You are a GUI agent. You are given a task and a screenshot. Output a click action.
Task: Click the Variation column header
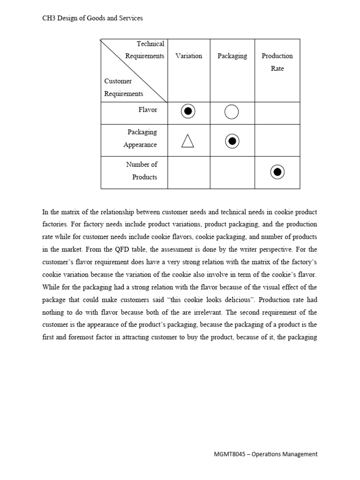(x=188, y=56)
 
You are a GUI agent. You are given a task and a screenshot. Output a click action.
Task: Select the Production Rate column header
(x=277, y=62)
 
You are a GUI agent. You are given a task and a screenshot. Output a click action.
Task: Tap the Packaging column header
(x=232, y=56)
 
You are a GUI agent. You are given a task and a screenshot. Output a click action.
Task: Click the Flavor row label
(x=147, y=110)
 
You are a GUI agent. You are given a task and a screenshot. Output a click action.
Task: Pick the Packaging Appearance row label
(x=140, y=138)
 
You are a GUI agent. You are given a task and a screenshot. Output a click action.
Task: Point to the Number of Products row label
(x=142, y=171)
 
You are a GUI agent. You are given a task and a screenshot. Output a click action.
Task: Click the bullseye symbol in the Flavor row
(x=188, y=112)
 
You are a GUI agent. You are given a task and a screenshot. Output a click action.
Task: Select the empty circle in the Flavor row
(x=232, y=112)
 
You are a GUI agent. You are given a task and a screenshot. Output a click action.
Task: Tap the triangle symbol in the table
(x=187, y=141)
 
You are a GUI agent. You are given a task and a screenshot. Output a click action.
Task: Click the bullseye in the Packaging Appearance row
(x=232, y=141)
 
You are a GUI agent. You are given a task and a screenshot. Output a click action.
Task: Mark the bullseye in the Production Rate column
(x=277, y=172)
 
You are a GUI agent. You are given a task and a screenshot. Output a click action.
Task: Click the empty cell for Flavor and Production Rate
(x=277, y=112)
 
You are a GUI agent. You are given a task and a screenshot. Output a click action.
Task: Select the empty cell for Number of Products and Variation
(x=188, y=172)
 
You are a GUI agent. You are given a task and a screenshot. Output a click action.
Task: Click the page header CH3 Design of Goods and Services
(x=92, y=18)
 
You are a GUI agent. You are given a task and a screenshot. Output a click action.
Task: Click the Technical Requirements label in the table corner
(x=145, y=50)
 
